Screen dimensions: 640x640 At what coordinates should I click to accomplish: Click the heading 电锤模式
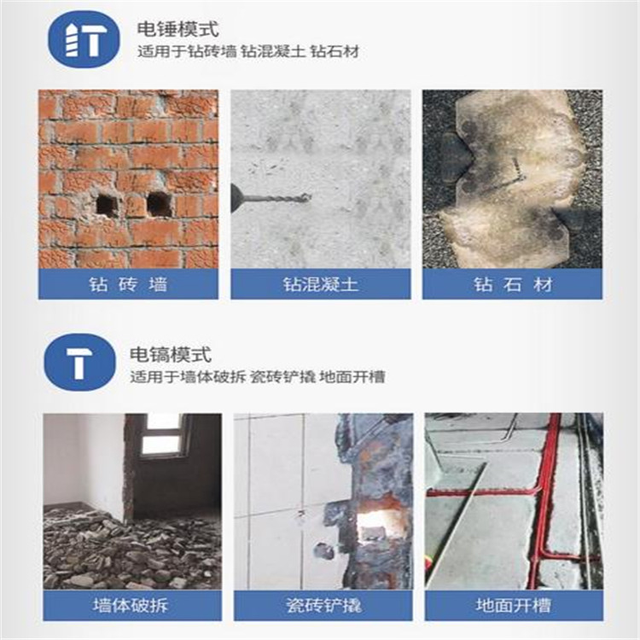[x=178, y=29]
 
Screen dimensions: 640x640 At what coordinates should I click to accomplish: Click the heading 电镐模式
[x=171, y=354]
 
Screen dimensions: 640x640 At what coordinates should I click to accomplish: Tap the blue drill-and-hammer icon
[x=84, y=39]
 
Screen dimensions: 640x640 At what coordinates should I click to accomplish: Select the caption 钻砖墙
[x=129, y=284]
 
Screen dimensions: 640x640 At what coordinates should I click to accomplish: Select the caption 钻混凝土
[x=320, y=284]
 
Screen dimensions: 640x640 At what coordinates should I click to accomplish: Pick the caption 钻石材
[x=513, y=284]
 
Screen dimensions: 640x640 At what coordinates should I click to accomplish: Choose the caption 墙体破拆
[x=131, y=605]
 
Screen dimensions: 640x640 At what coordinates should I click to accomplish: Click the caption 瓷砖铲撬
[x=323, y=605]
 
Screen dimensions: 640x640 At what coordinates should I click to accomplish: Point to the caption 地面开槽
[x=513, y=605]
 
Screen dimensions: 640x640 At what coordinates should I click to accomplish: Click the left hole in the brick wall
[x=107, y=205]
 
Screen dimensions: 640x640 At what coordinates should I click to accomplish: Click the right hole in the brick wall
[x=159, y=204]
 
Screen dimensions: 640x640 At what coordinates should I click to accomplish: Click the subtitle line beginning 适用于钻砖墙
[x=248, y=52]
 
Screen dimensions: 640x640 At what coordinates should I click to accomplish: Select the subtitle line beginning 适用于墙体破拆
[x=258, y=376]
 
